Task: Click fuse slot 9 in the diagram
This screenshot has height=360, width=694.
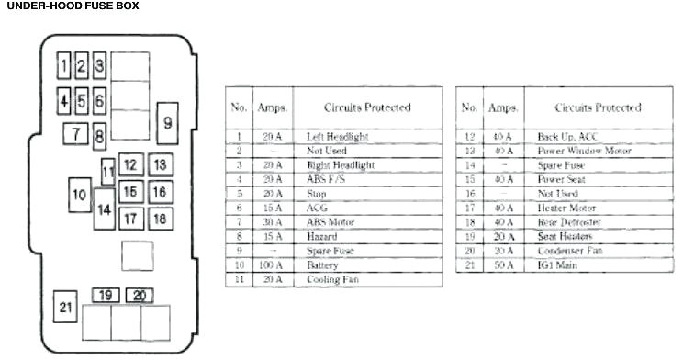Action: [167, 122]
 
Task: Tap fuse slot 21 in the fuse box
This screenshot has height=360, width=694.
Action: [64, 308]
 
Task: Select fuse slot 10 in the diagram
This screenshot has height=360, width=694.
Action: [79, 195]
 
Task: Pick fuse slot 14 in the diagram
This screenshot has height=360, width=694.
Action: [105, 209]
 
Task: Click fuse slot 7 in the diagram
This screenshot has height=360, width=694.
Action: [75, 134]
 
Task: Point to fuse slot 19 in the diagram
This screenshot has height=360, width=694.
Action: [106, 296]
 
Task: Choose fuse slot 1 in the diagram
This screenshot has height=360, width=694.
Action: [63, 65]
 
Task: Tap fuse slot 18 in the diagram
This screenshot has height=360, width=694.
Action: [160, 219]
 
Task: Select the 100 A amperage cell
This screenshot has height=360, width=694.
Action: [272, 264]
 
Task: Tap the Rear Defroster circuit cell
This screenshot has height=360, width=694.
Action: [569, 222]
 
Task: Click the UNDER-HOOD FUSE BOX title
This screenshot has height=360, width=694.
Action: [72, 6]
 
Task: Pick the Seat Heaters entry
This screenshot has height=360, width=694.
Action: [565, 236]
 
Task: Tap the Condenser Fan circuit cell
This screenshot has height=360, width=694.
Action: [570, 250]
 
